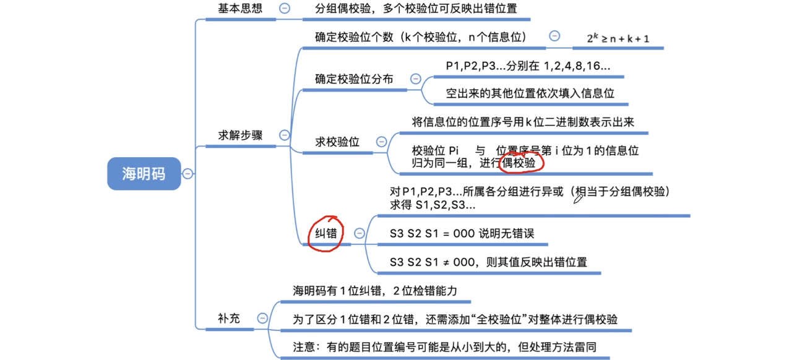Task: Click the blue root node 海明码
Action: click(144, 173)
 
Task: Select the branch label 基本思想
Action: click(240, 9)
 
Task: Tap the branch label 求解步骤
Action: click(240, 135)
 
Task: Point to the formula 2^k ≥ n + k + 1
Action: click(618, 38)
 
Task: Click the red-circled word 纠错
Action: click(325, 233)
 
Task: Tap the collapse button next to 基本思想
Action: click(285, 9)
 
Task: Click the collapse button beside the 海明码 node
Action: click(187, 174)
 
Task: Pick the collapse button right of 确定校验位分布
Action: click(416, 79)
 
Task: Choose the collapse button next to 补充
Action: click(262, 319)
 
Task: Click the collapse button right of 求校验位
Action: click(382, 142)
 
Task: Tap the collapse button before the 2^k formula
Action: click(554, 36)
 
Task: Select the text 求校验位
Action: click(337, 142)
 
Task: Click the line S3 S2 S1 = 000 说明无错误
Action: click(462, 233)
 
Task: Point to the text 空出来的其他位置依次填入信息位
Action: click(530, 93)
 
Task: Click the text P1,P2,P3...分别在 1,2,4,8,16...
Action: click(528, 66)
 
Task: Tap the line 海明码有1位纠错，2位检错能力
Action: click(374, 291)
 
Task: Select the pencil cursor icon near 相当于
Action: click(579, 198)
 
